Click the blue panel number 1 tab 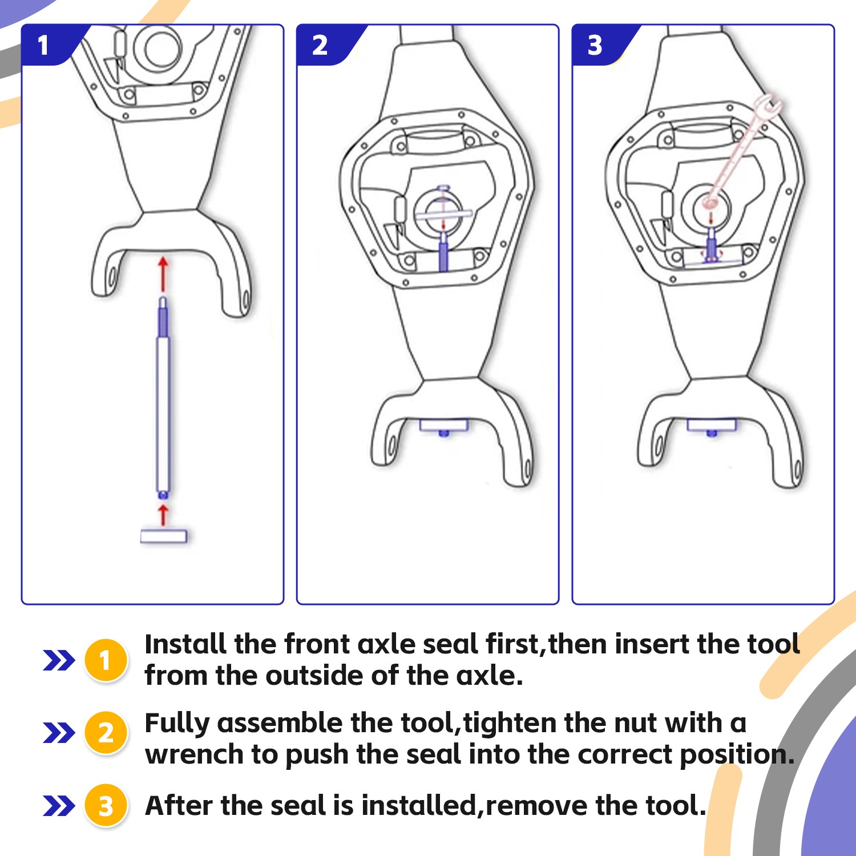pos(49,45)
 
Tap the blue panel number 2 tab pos(324,45)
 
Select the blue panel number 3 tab pos(599,45)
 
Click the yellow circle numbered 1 pos(106,660)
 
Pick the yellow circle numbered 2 pos(106,733)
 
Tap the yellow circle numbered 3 pos(106,806)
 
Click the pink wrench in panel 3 pos(742,151)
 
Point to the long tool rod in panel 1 pos(163,397)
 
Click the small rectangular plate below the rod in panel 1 pos(164,536)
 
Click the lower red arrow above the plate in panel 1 pos(164,514)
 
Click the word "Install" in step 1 pos(185,644)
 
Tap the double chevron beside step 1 pos(59,660)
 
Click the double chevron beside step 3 pos(59,806)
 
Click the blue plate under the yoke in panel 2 pos(444,426)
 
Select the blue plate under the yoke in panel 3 pos(712,425)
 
